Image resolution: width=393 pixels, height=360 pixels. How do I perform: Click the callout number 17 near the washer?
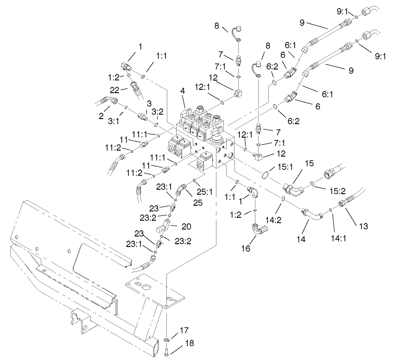pos(184,330)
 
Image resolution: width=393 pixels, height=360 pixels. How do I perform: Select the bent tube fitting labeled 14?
pos(310,215)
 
